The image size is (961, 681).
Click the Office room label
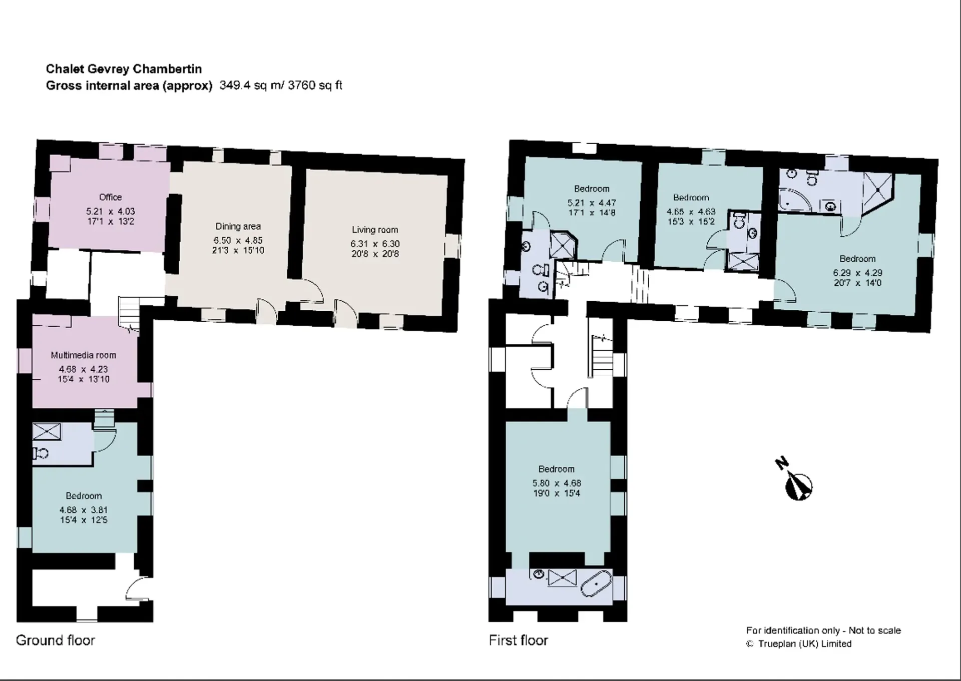110,197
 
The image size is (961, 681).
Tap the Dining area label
238,226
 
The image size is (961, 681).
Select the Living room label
375,230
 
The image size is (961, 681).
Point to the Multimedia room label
84,355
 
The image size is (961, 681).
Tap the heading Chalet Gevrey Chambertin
124,69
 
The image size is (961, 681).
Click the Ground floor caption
56,640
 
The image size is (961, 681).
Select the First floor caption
519,640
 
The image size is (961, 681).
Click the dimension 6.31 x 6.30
375,244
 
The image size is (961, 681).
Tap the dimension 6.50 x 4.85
238,240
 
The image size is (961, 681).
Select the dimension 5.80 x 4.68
557,483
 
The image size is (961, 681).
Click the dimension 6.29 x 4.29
858,273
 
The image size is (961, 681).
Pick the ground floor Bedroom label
84,496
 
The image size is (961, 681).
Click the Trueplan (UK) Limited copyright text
799,644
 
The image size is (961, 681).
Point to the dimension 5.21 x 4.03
110,212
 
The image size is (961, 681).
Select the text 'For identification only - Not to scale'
823,630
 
